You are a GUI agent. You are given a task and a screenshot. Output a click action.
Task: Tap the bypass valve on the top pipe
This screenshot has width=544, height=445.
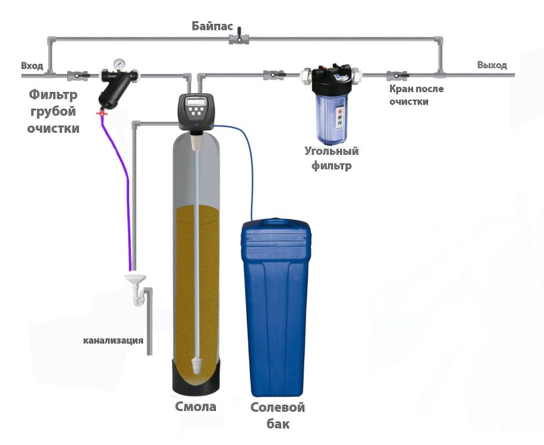(239, 39)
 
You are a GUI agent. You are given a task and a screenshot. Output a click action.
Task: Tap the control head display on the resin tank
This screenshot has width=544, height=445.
(197, 103)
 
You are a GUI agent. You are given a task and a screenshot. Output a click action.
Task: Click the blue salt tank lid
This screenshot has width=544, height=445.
(276, 231)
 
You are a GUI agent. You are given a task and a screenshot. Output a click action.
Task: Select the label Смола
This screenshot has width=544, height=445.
(195, 407)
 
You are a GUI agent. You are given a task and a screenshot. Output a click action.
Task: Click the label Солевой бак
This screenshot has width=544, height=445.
(277, 416)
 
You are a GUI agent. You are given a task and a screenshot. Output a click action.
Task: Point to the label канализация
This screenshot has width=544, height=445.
(113, 341)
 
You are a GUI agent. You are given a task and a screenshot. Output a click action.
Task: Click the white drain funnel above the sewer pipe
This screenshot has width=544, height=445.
(137, 280)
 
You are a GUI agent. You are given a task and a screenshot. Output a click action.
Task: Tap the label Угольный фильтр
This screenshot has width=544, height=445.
(331, 158)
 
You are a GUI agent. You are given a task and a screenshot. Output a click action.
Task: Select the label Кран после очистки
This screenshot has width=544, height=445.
(417, 95)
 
